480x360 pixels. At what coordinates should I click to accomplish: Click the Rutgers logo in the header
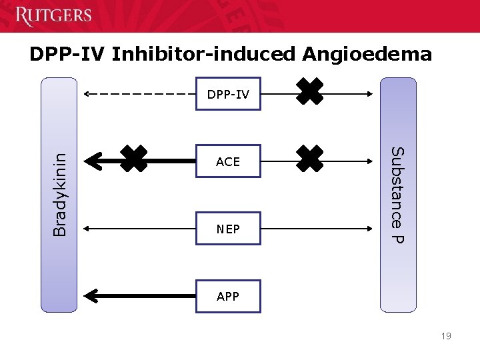(53, 15)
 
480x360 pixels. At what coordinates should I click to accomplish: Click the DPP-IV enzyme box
(228, 95)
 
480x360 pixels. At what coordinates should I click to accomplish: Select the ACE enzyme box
(228, 161)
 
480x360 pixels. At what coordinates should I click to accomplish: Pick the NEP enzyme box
(228, 229)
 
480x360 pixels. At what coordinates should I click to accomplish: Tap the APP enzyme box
(228, 296)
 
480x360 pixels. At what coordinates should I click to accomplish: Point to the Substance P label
(397, 195)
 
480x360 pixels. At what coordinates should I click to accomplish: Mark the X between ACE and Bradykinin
(134, 160)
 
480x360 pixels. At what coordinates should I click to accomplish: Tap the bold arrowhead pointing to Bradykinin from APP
(93, 296)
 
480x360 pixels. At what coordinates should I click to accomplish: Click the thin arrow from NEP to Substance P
(313, 229)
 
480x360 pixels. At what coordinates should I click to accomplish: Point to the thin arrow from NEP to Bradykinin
(140, 229)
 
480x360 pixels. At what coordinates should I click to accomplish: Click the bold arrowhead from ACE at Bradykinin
(93, 161)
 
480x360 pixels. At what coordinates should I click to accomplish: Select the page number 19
(445, 336)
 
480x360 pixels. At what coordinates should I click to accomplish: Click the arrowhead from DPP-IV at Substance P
(371, 95)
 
